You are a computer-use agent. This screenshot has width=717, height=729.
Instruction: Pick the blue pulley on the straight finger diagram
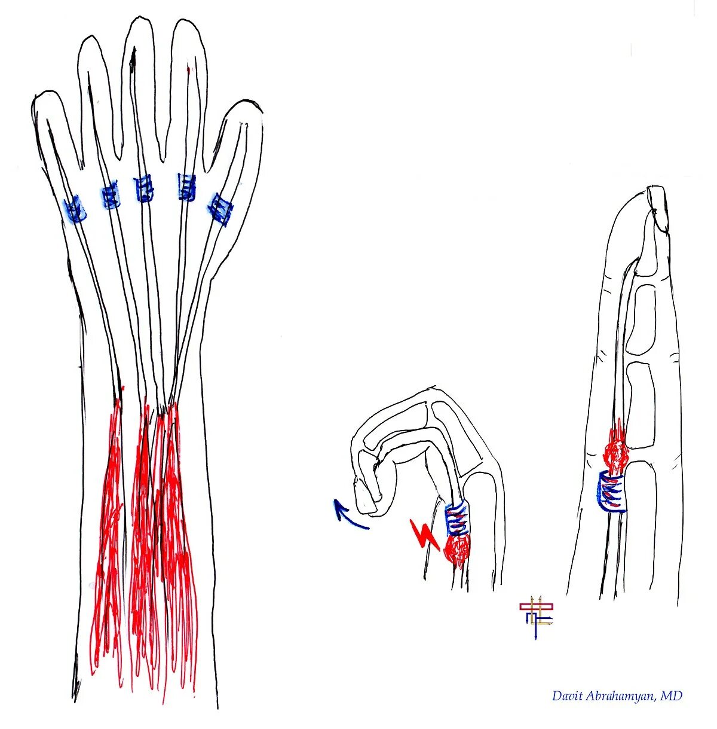tap(612, 490)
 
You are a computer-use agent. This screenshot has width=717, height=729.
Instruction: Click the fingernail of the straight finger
tap(659, 206)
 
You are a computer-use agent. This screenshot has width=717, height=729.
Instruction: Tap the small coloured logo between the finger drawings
tap(536, 616)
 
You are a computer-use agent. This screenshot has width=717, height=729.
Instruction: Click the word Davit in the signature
tap(566, 696)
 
